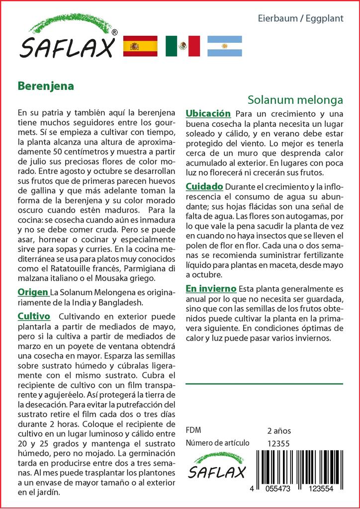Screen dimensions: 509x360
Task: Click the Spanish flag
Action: click(x=140, y=46)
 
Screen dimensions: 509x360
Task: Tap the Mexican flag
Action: click(x=182, y=46)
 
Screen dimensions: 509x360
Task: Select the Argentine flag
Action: click(x=224, y=46)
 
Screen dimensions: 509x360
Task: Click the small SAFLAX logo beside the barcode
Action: click(x=217, y=467)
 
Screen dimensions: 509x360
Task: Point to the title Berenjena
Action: click(x=46, y=85)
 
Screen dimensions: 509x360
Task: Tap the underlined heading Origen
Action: click(x=33, y=292)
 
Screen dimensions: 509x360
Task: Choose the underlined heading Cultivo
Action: click(x=34, y=316)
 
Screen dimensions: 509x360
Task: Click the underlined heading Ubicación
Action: click(x=208, y=114)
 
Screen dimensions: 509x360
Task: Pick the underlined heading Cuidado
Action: click(x=204, y=186)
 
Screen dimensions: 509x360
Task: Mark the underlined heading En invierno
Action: click(x=211, y=289)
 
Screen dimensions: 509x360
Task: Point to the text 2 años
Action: click(x=279, y=431)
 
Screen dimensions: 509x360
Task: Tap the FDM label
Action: click(x=193, y=430)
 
